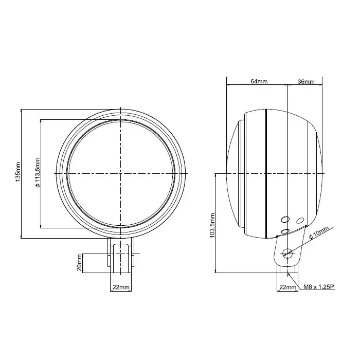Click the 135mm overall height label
pyautogui.click(x=19, y=174)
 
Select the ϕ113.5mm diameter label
pyautogui.click(x=38, y=174)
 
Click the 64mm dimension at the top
pyautogui.click(x=259, y=81)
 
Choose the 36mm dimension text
pyautogui.click(x=306, y=81)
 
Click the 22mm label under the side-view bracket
pyautogui.click(x=287, y=287)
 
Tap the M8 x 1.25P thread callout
pyautogui.click(x=319, y=287)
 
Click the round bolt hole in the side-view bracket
pyautogui.click(x=287, y=253)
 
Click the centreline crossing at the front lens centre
pyautogui.click(x=121, y=174)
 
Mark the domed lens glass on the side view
pyautogui.click(x=232, y=174)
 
